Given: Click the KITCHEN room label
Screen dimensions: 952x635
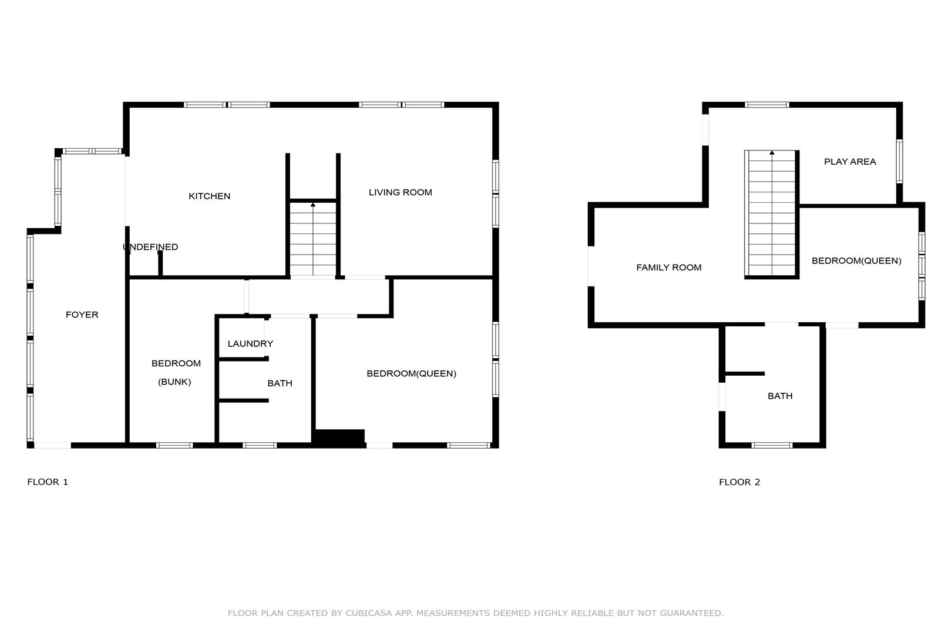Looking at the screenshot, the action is coord(210,196).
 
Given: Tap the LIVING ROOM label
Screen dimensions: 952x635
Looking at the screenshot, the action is coord(401,192).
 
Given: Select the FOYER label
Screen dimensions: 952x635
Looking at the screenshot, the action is coord(82,315).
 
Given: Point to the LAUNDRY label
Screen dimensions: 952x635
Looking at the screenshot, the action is coord(250,343).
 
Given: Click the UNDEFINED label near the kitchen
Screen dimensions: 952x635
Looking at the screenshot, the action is coord(150,247).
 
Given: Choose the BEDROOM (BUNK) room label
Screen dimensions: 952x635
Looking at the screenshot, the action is coord(176,372).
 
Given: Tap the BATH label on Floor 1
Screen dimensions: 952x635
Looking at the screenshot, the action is coord(280,383).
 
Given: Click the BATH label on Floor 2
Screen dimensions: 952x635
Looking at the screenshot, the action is coord(780,396).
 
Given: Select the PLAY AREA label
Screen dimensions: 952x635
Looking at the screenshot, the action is coord(850,162).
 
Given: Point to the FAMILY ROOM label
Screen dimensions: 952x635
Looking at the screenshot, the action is coord(669,268).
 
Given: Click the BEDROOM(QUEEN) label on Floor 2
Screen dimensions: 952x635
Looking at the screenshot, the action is coord(856,260).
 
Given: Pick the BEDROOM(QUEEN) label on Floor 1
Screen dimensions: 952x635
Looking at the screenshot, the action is coord(412,373).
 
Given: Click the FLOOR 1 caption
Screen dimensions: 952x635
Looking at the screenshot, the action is coord(48,482).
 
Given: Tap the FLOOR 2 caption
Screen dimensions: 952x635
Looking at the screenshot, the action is coord(739,482).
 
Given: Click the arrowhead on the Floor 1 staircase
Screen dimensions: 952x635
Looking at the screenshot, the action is coord(313,205).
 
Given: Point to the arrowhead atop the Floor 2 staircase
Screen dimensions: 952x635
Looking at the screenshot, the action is coord(772,152).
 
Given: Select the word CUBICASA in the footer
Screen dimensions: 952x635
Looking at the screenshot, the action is coord(369,613).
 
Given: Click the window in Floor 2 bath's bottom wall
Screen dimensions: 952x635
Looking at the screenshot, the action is coord(772,445).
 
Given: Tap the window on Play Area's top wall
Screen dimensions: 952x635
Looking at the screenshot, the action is coord(767,105).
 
